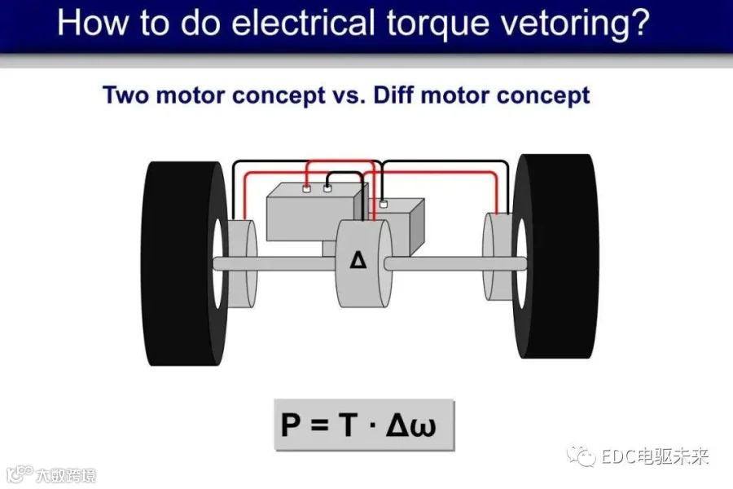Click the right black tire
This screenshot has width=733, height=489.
(555, 257)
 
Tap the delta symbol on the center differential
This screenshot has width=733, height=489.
(358, 260)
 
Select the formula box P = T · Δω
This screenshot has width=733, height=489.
(364, 425)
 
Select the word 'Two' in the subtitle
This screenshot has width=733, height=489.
(126, 95)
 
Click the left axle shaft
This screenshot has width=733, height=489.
(274, 263)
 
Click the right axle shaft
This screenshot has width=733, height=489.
(455, 263)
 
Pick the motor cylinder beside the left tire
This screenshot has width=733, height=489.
(242, 263)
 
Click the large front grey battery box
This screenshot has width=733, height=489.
(311, 213)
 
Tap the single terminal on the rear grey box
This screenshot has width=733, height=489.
(384, 204)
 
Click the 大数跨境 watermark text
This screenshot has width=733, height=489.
(66, 476)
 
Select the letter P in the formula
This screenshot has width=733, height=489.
(291, 425)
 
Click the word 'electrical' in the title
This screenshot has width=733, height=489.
(303, 24)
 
